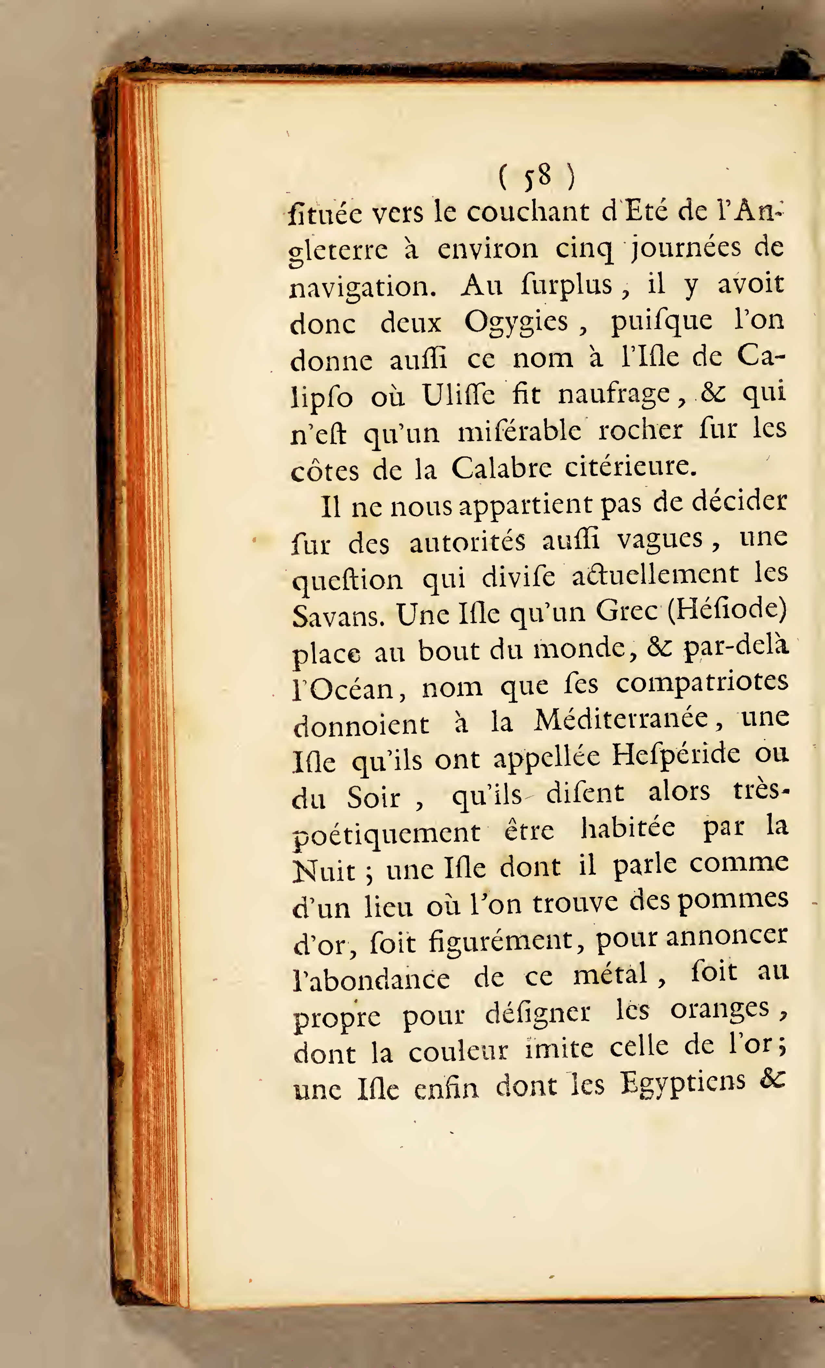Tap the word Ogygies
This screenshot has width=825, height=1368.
click(x=516, y=322)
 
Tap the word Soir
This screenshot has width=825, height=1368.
click(x=373, y=798)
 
